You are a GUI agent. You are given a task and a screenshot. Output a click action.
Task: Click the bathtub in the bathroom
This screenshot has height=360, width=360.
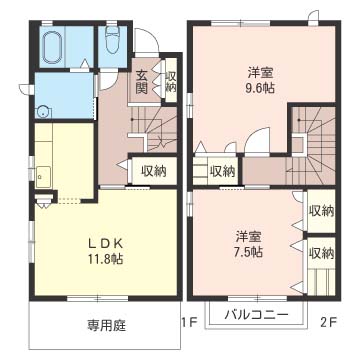pyautogui.click(x=52, y=46)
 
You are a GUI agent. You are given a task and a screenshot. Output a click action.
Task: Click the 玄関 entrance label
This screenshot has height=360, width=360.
pyautogui.click(x=143, y=81)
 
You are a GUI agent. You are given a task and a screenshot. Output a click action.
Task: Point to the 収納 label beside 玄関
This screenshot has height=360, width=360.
pyautogui.click(x=171, y=82)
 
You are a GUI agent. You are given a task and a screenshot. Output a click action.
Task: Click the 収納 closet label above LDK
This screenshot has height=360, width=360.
pyautogui.click(x=152, y=171)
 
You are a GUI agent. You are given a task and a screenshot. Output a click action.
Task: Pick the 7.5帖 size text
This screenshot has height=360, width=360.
pyautogui.click(x=250, y=252)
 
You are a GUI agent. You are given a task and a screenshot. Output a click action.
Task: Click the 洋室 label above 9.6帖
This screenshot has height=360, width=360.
pyautogui.click(x=263, y=72)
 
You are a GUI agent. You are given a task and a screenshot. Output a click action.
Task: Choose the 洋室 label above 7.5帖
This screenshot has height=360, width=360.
pyautogui.click(x=250, y=236)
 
